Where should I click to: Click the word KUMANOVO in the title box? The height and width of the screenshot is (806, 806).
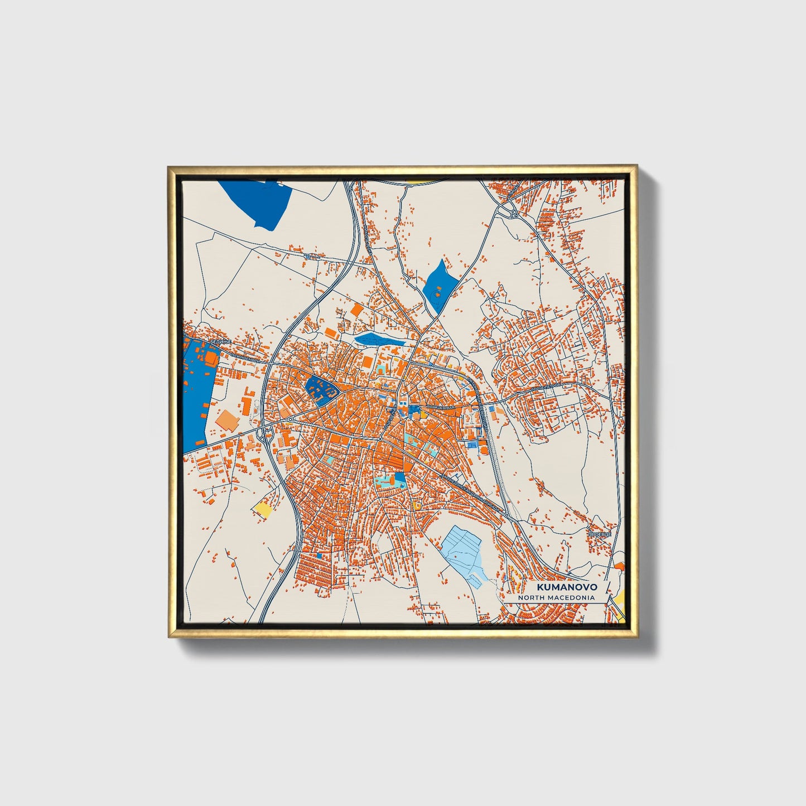559,587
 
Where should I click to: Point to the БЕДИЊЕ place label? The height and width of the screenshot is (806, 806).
216,342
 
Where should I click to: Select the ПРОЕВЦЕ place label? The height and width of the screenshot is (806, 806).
600,534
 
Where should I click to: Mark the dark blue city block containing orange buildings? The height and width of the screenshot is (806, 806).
320,389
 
